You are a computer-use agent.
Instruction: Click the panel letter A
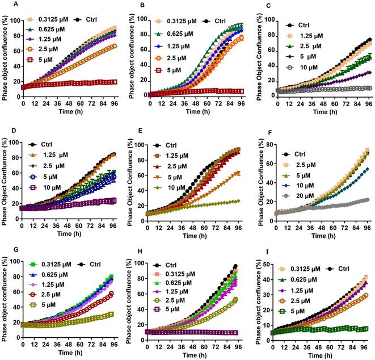[x=4, y=5]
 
